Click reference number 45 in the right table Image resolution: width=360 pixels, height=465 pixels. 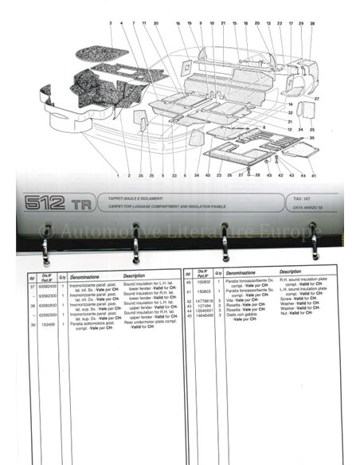[188, 315]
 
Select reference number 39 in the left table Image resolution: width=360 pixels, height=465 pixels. [32, 324]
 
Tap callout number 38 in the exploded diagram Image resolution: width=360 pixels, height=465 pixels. [312, 25]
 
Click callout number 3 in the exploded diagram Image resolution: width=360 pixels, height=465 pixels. [111, 25]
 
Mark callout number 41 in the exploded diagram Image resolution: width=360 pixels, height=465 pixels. [313, 174]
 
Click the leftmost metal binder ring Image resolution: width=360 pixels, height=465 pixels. [45, 243]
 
